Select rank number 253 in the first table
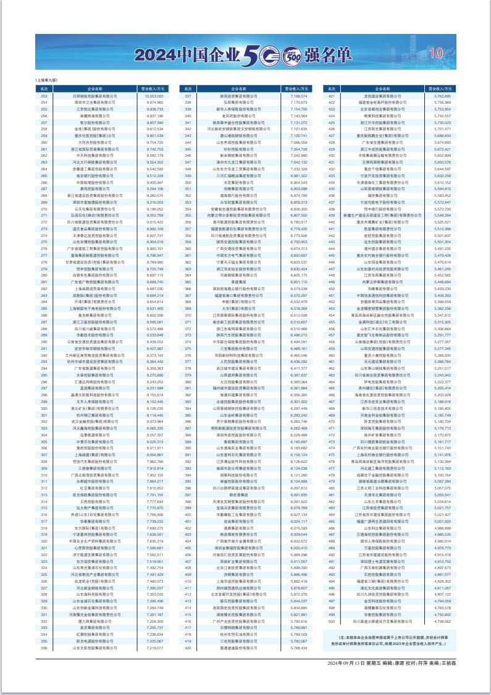[44, 96]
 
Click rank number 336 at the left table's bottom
[44, 647]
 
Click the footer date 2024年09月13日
[346, 662]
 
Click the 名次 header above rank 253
[44, 89]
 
